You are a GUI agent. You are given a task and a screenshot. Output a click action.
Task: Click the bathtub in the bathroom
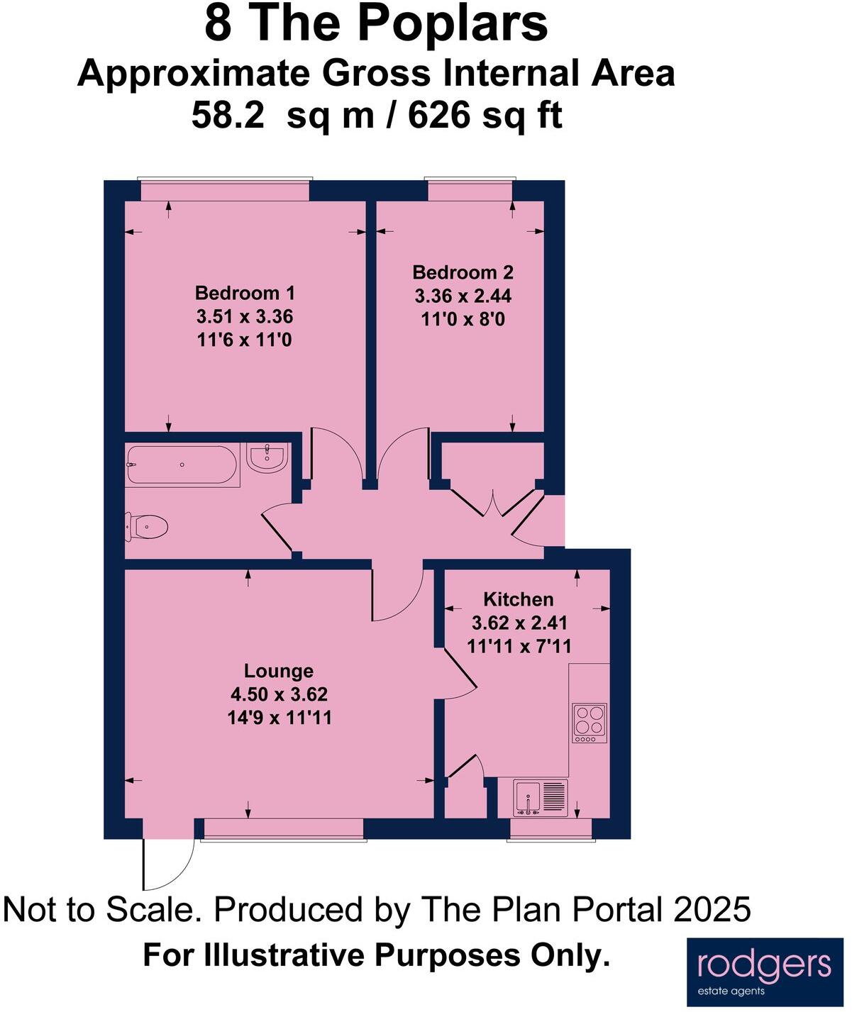[182, 465]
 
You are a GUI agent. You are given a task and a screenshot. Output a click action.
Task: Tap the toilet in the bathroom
[148, 526]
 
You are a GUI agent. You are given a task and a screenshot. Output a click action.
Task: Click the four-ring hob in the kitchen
[590, 721]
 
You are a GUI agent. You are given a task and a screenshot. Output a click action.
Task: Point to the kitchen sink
[541, 797]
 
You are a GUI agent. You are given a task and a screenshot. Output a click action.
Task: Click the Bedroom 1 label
[245, 293]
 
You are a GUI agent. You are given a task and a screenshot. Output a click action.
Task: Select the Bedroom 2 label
[463, 272]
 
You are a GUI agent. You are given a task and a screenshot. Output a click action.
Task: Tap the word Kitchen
[518, 599]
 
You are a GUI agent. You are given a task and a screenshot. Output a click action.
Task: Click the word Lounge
[278, 671]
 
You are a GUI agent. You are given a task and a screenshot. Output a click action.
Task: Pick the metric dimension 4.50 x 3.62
[279, 694]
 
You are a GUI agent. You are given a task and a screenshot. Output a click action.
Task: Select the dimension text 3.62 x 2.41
[519, 623]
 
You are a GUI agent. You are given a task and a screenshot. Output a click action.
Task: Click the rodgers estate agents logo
[763, 970]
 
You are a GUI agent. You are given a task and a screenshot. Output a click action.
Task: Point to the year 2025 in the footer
[712, 909]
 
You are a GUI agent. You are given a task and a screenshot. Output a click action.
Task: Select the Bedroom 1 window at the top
[224, 189]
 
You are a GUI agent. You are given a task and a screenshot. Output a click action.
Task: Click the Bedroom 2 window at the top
[470, 189]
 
